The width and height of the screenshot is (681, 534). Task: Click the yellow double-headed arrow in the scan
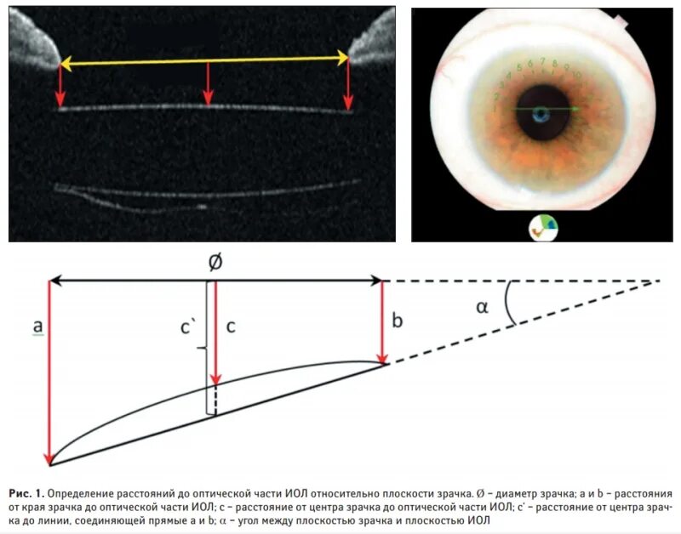204,60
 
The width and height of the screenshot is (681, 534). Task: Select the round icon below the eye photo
542,227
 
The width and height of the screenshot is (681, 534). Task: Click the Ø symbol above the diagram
215,264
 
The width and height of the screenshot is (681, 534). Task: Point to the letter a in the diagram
37,326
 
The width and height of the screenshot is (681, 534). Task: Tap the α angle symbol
482,308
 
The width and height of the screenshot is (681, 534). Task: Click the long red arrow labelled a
50,374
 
